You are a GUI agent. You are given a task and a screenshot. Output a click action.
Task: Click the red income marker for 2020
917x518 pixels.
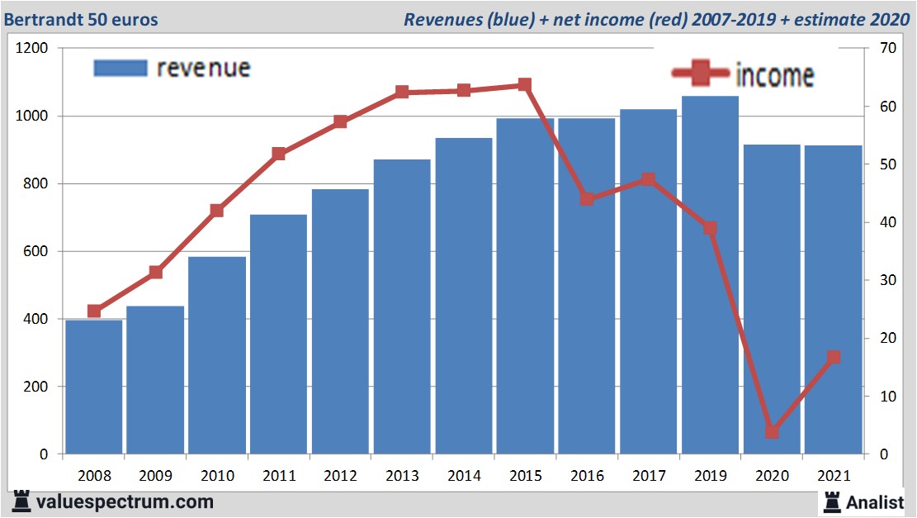click(772, 431)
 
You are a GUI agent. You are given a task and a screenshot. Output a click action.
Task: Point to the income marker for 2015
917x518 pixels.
click(525, 85)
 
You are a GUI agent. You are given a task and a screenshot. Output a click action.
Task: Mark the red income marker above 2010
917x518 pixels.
click(217, 211)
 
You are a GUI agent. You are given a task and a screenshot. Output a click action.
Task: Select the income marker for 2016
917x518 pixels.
click(587, 198)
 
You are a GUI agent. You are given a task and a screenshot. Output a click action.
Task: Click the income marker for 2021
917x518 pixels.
click(833, 357)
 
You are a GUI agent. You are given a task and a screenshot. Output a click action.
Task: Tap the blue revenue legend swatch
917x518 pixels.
click(121, 68)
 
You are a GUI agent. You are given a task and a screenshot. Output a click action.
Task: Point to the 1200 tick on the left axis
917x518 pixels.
click(31, 49)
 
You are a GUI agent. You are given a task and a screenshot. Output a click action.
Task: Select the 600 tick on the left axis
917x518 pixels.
click(35, 251)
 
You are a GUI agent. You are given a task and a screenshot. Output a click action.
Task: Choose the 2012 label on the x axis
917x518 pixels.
click(340, 477)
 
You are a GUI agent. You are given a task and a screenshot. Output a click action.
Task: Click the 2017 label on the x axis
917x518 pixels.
click(648, 477)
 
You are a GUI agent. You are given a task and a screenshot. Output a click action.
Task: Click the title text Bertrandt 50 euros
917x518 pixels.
click(81, 19)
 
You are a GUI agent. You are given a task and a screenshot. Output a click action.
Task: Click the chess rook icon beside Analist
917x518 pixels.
click(831, 501)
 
